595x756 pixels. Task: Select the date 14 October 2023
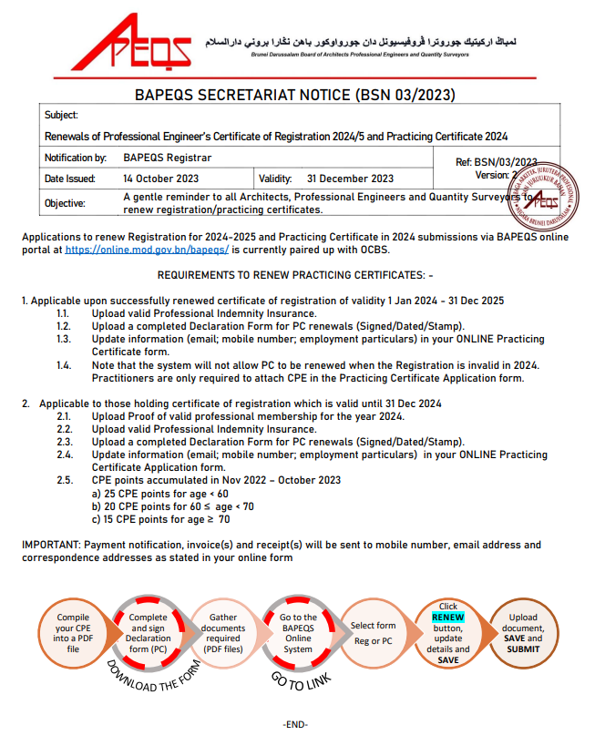point(160,179)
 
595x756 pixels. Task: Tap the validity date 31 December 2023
point(350,179)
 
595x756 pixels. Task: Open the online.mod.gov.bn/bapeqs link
point(147,249)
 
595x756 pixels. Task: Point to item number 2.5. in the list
point(64,480)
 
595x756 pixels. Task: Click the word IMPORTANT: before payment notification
point(50,545)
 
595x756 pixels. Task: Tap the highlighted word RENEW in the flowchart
point(447,618)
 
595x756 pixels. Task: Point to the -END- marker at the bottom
point(295,724)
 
